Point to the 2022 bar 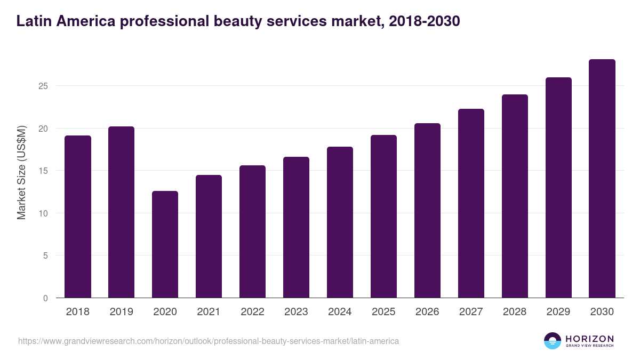(x=252, y=231)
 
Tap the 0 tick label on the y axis (x=46, y=298)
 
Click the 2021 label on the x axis (x=209, y=312)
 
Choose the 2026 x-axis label (x=427, y=312)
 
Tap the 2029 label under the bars (x=558, y=312)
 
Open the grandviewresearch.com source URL (x=209, y=341)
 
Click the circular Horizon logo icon (x=553, y=341)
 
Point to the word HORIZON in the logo (x=589, y=338)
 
